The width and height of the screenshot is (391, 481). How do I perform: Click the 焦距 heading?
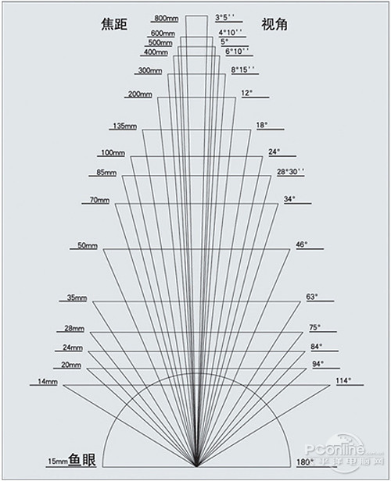114,24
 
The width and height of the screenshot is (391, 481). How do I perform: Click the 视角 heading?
274,24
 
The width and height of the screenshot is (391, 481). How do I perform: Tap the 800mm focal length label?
166,18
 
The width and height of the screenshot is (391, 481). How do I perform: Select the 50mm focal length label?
88,245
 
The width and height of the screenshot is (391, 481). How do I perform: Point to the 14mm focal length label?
48,382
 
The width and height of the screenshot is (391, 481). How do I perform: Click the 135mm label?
124,126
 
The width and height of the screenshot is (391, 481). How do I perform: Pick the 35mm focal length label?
77,298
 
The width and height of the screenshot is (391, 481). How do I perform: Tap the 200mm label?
140,94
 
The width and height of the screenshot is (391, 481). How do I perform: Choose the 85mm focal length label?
106,173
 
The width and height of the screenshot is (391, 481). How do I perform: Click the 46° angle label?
302,244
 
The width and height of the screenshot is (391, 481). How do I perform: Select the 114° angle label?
344,381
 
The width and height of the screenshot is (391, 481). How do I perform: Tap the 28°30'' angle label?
291,172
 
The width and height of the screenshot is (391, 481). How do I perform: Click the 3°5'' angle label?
225,17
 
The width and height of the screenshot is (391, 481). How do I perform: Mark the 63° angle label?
312,297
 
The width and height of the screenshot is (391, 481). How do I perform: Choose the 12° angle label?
247,93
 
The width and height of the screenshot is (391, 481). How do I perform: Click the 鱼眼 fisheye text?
82,460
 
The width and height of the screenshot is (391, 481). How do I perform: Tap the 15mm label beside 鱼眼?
58,461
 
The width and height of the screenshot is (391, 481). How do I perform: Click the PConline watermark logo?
344,450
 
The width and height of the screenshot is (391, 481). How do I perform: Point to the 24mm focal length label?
73,347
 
